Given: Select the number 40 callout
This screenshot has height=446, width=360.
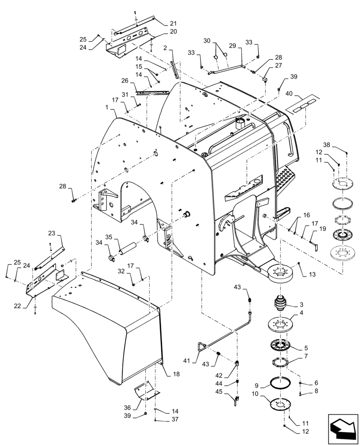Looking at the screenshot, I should [290, 95].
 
